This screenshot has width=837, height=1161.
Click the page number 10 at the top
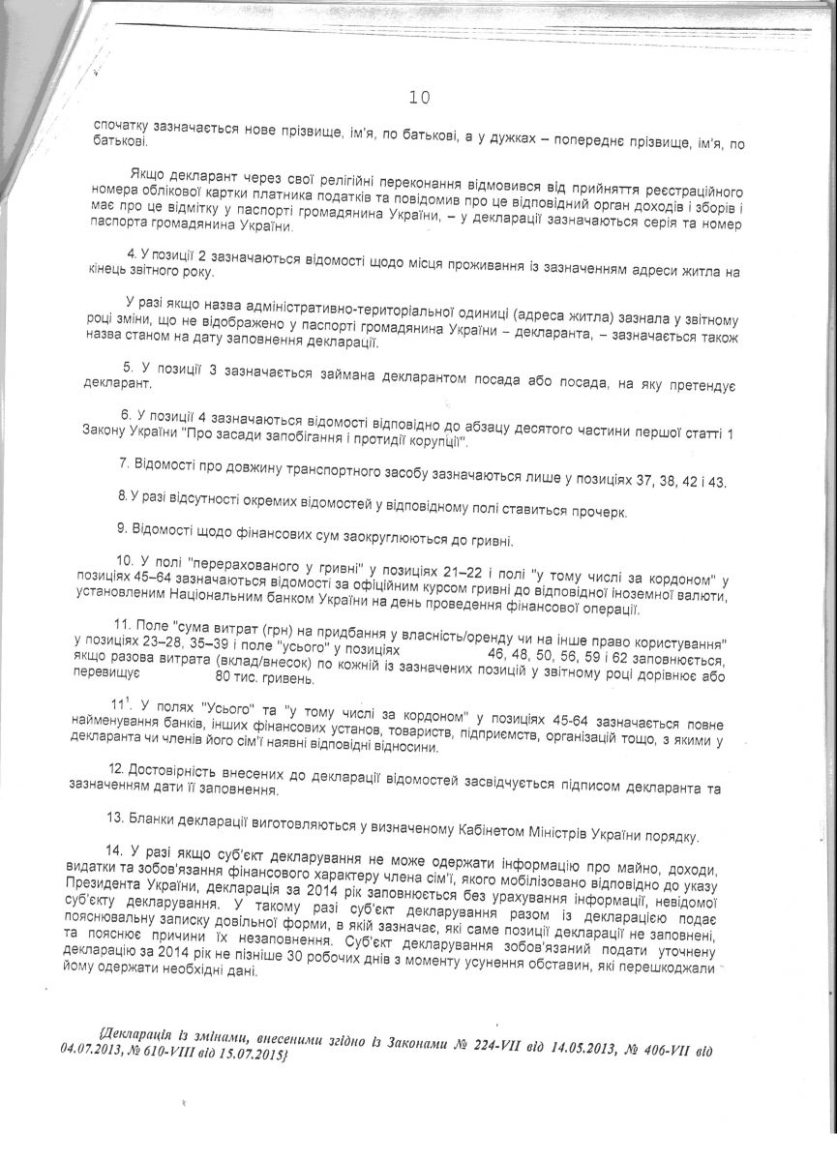pos(418,98)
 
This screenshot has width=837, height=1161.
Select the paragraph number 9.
pos(121,539)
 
